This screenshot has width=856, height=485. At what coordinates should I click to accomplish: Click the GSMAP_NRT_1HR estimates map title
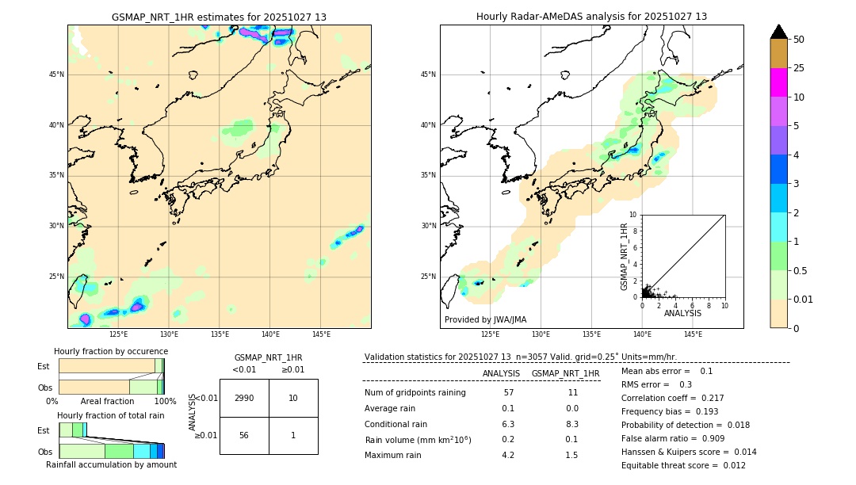(219, 17)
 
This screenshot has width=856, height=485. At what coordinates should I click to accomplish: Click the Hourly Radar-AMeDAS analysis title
(591, 17)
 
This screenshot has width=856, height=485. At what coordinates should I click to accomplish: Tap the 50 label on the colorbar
(799, 40)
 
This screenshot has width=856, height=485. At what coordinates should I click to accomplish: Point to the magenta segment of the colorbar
(778, 82)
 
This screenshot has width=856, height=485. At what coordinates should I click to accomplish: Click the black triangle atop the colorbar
(778, 32)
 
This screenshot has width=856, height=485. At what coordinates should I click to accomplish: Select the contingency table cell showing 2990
(244, 398)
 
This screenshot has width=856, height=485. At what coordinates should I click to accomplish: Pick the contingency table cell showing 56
(244, 435)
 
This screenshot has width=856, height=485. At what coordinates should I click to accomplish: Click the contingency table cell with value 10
(293, 398)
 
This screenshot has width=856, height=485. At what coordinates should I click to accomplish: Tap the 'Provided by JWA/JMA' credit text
(485, 319)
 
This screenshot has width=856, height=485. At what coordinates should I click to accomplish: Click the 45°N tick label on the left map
(56, 74)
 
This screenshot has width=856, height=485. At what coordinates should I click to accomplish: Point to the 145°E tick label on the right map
(693, 334)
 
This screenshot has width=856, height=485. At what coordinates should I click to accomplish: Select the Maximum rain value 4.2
(508, 455)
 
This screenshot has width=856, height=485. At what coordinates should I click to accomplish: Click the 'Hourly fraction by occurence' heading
(111, 351)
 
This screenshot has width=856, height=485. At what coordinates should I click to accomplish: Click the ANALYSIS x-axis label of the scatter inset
(682, 313)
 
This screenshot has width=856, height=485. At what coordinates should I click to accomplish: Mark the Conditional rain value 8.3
(572, 424)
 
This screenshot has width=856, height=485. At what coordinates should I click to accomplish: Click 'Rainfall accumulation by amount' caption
(111, 464)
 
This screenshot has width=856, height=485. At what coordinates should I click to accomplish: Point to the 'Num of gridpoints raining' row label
(415, 392)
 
